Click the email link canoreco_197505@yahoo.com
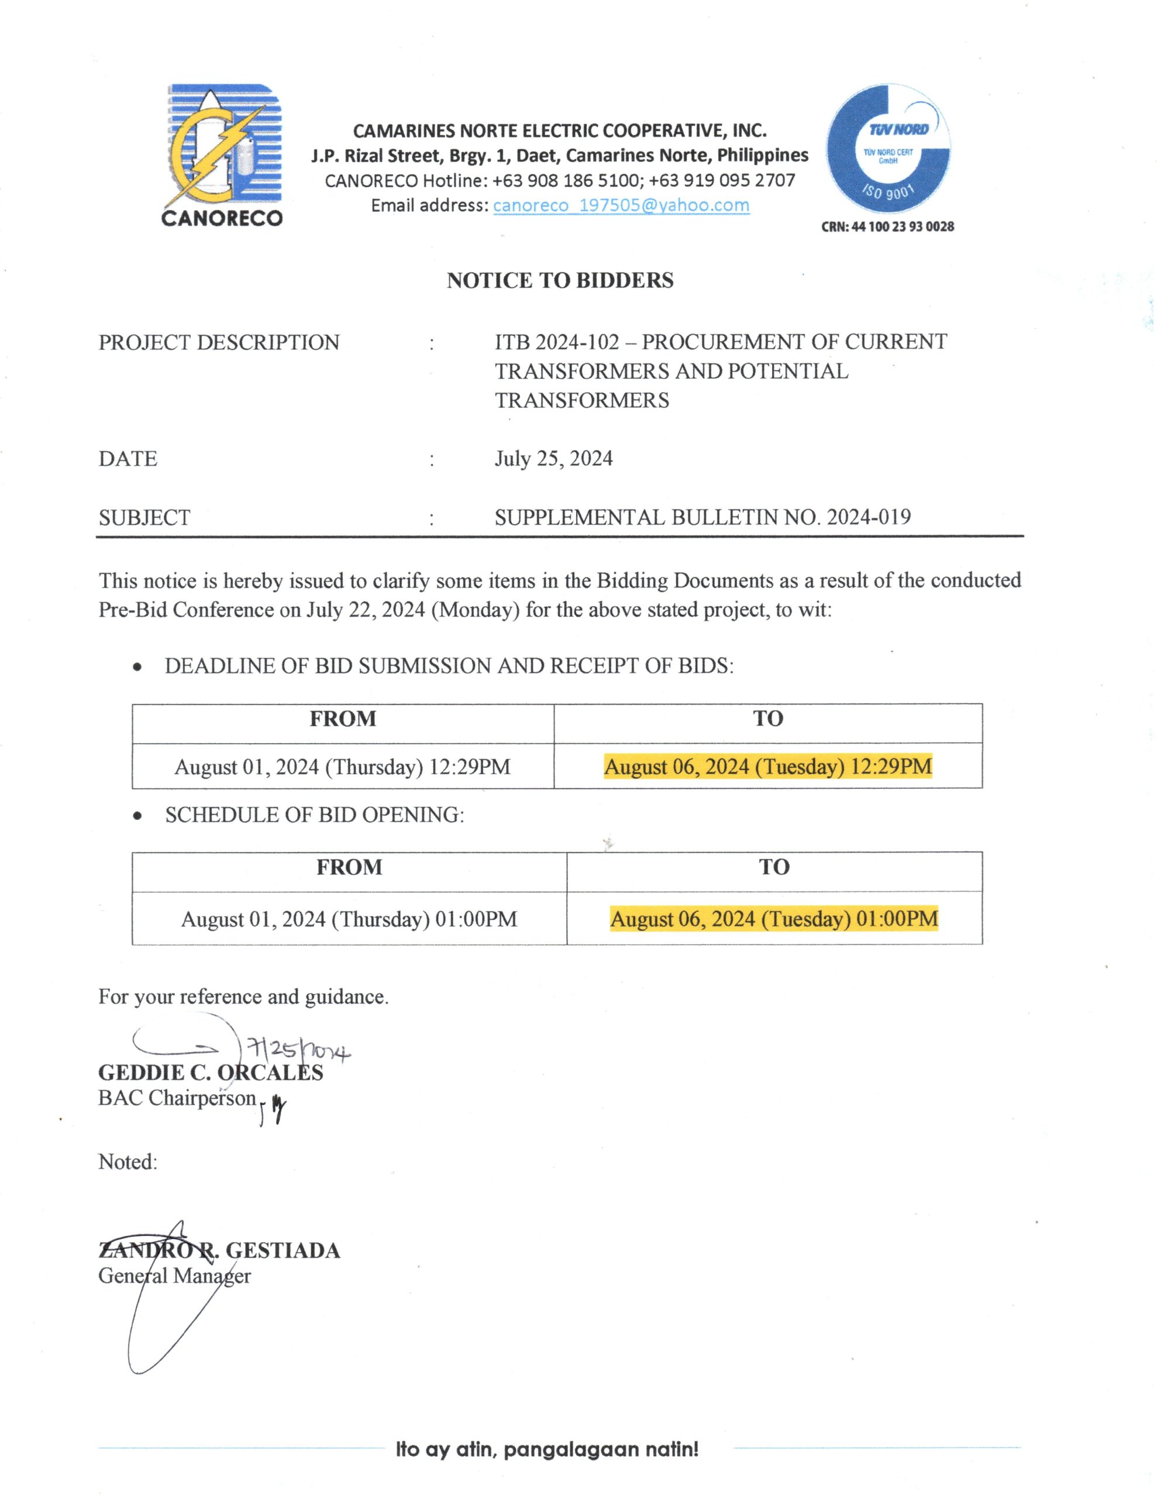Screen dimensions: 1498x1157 [621, 205]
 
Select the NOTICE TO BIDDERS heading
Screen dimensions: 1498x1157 [560, 280]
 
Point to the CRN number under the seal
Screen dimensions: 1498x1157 [887, 226]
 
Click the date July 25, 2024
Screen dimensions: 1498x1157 [553, 458]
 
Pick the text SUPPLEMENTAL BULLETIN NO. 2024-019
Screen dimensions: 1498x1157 [703, 517]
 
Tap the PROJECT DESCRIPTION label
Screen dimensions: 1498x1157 [219, 342]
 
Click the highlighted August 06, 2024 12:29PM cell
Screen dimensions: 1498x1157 [767, 766]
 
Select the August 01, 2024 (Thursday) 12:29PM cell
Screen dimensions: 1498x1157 [342, 766]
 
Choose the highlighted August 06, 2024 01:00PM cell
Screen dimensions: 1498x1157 [774, 919]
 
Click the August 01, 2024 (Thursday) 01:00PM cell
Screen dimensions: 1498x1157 [349, 919]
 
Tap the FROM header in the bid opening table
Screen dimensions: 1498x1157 [349, 867]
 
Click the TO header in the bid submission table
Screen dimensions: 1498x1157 [767, 718]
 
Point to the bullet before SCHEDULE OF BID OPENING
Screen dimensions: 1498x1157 [139, 816]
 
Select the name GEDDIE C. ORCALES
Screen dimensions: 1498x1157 [211, 1073]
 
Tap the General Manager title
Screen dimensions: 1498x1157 [174, 1276]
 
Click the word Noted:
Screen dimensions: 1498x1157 [128, 1161]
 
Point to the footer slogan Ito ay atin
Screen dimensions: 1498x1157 [546, 1449]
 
